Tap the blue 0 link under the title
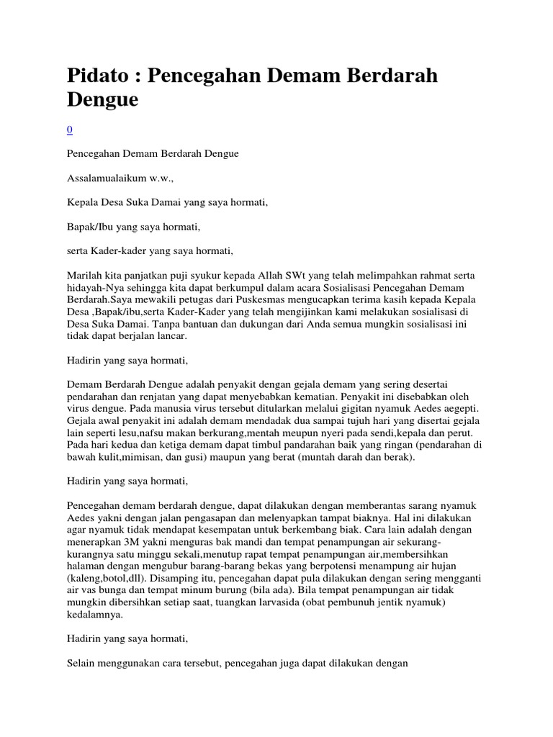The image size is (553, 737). click(x=69, y=130)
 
